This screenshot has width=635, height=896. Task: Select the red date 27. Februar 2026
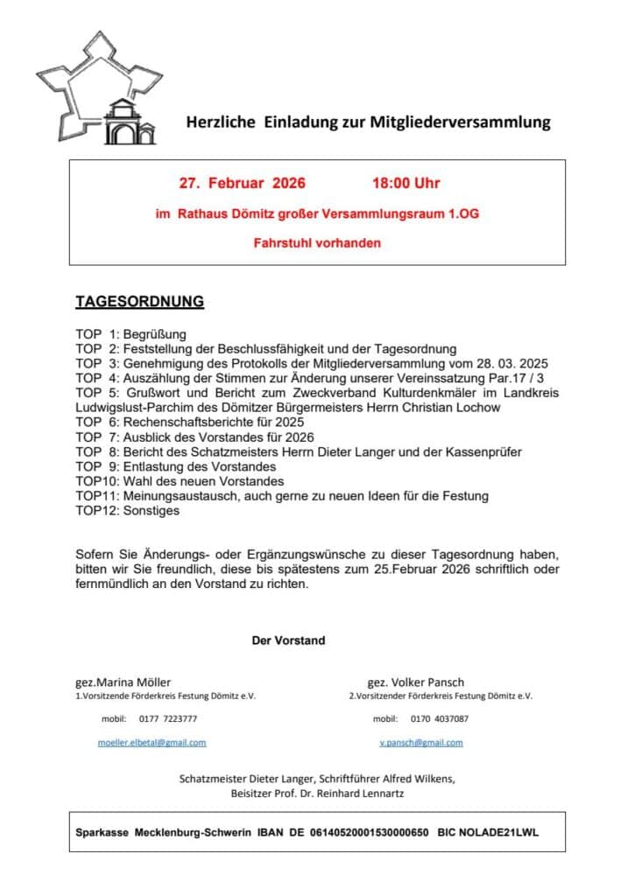[x=243, y=184]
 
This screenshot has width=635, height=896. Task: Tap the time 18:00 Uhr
[x=406, y=184]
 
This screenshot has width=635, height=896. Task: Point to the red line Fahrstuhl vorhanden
[x=317, y=242]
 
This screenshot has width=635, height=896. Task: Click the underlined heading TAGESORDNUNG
[x=139, y=302]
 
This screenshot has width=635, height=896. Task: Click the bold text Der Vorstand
[x=288, y=640]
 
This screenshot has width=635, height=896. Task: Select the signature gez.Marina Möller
[x=123, y=682]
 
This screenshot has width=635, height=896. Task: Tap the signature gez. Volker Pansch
[x=415, y=682]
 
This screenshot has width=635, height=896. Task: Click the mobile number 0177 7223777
[x=167, y=718]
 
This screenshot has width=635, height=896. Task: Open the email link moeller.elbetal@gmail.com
[x=152, y=742]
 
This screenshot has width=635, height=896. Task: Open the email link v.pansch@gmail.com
[x=420, y=742]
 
